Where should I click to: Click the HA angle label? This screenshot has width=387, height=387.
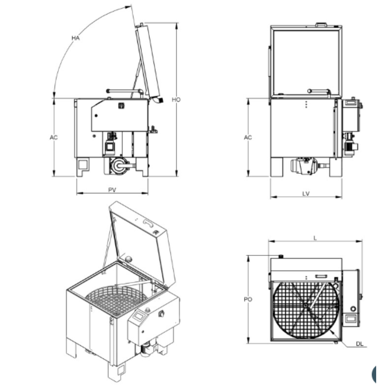(x=75, y=38)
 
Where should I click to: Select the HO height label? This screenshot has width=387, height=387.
(x=176, y=99)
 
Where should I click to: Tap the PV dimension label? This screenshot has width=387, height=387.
(x=112, y=190)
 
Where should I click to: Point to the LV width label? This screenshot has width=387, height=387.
(x=306, y=194)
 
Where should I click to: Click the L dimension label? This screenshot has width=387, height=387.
(x=315, y=238)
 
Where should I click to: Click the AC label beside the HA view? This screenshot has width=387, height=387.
(x=54, y=137)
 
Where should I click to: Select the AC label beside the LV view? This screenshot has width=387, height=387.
(x=248, y=137)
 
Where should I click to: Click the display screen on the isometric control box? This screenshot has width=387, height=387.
(x=138, y=317)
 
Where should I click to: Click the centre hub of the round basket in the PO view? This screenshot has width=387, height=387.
(x=306, y=307)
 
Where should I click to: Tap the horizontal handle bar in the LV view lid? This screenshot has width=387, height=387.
(x=318, y=91)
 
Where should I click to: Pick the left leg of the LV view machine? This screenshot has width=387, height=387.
(x=276, y=167)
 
